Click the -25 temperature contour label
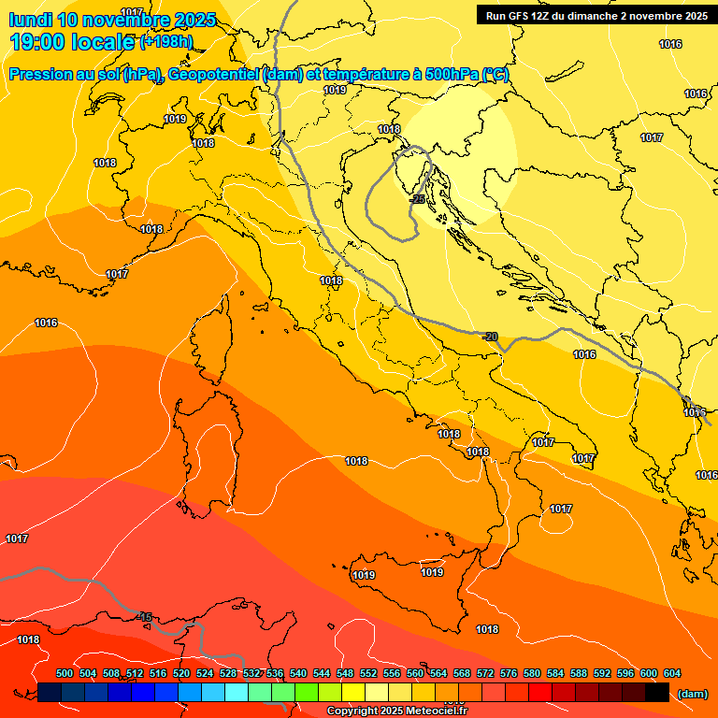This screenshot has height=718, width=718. (418, 199)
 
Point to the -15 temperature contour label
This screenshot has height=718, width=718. (144, 616)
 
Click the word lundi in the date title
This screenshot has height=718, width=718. (31, 20)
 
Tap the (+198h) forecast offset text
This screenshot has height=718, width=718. (166, 42)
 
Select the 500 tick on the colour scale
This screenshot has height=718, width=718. (65, 673)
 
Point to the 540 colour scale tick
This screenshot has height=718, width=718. (298, 673)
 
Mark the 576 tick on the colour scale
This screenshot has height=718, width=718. (509, 673)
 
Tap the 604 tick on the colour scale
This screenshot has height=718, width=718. (671, 673)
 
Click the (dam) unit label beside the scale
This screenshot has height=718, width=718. (692, 694)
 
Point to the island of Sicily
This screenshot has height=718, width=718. (411, 589)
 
